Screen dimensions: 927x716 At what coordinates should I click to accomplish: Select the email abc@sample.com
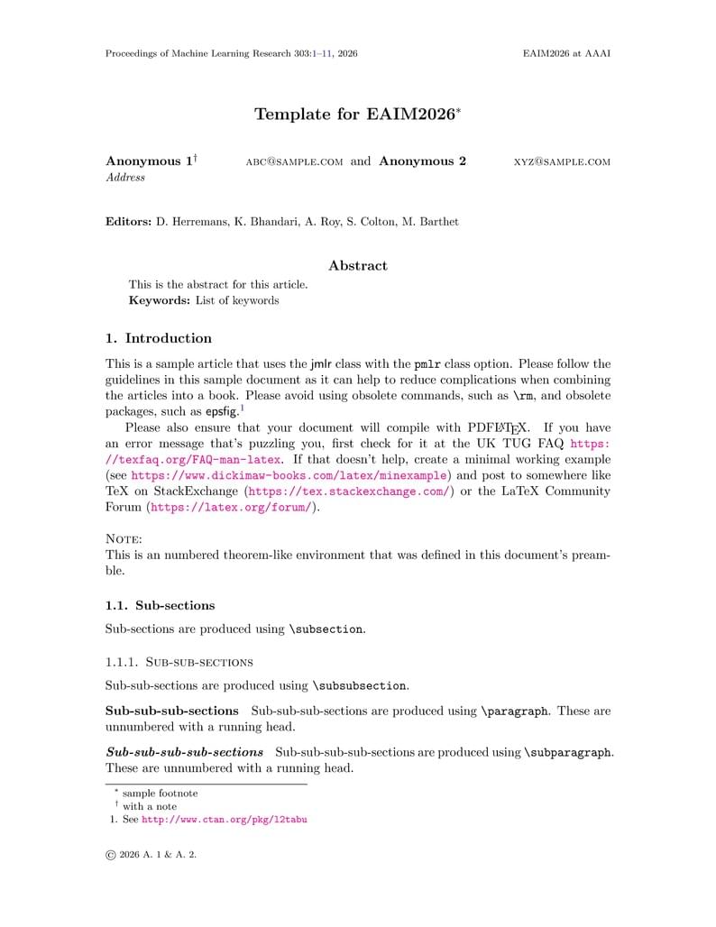pyautogui.click(x=294, y=162)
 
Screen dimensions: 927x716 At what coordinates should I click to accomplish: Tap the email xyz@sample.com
pyautogui.click(x=562, y=162)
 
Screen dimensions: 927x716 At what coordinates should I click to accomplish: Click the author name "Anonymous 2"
pyautogui.click(x=422, y=161)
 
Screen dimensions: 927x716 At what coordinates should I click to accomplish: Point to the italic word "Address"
pyautogui.click(x=125, y=178)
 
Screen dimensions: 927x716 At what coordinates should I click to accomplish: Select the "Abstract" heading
pyautogui.click(x=358, y=266)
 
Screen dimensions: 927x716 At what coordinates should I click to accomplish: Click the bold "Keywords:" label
pyautogui.click(x=160, y=300)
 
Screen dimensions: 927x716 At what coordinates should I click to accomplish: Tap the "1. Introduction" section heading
pyautogui.click(x=159, y=339)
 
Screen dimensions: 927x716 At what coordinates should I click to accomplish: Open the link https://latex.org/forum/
pyautogui.click(x=231, y=508)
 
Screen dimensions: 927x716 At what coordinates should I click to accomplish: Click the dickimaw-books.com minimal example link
pyautogui.click(x=289, y=475)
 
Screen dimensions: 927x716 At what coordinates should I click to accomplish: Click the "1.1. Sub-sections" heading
pyautogui.click(x=160, y=605)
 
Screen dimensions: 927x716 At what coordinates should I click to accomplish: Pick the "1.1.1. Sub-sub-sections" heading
pyautogui.click(x=179, y=662)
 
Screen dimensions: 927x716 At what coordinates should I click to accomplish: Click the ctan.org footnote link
pyautogui.click(x=225, y=820)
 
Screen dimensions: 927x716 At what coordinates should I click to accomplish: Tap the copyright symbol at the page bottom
pyautogui.click(x=111, y=855)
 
